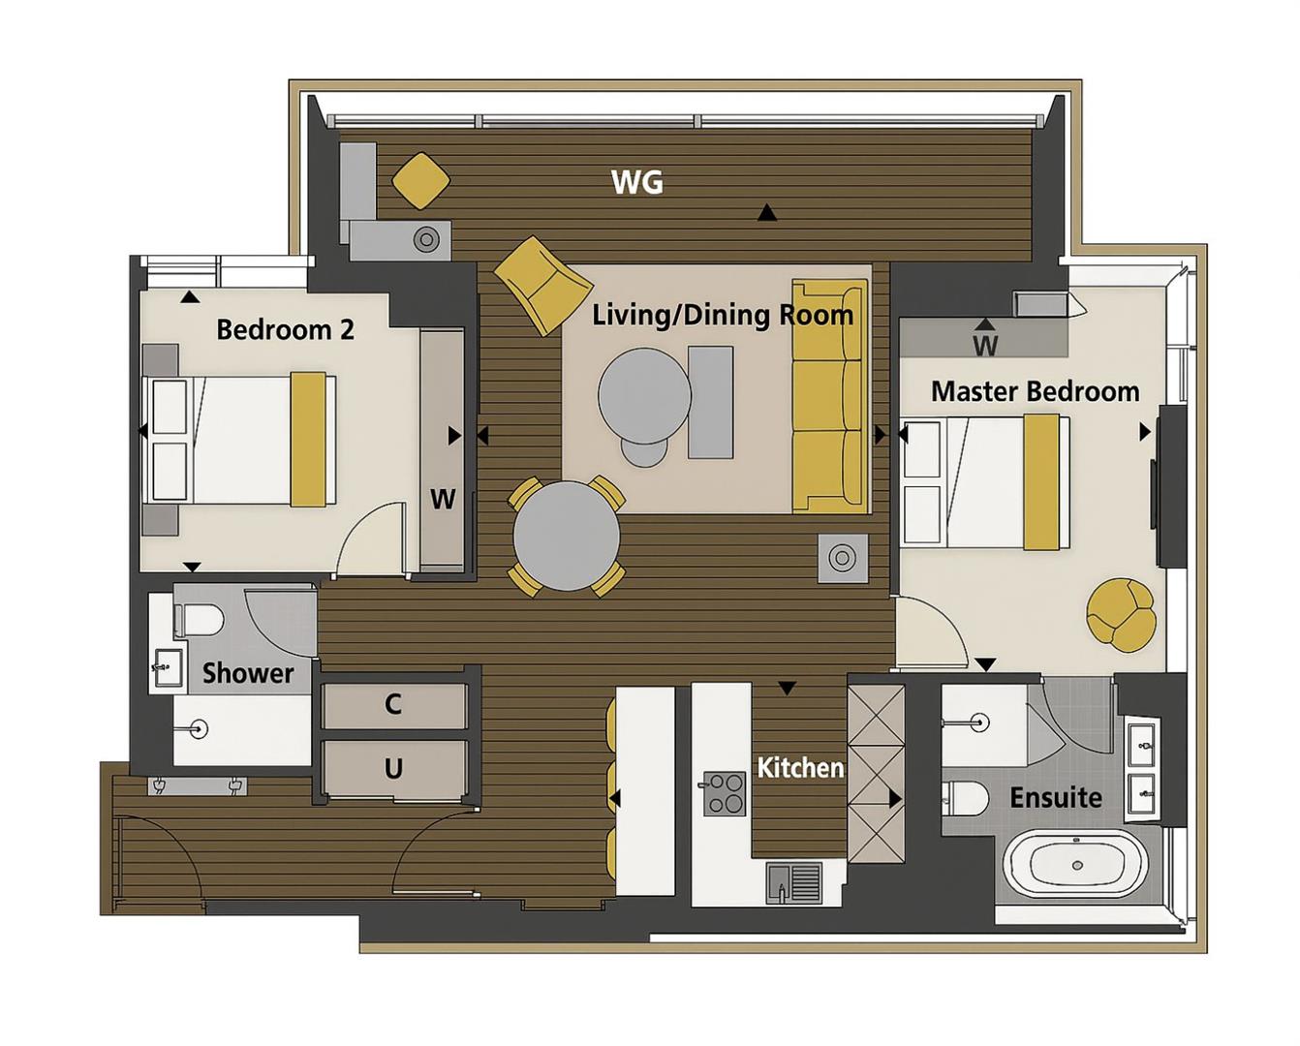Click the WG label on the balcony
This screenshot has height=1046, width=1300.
637,182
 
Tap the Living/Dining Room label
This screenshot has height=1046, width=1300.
723,315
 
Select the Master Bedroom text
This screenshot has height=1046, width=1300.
1035,391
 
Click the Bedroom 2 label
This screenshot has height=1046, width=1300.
285,329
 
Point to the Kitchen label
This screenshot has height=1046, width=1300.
799,768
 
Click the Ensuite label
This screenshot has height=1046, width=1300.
1055,797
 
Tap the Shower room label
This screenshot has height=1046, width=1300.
247,673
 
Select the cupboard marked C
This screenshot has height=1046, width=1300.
393,704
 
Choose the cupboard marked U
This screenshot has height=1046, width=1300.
393,769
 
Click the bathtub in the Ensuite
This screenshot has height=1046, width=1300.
1075,864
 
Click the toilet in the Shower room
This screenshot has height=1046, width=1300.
200,621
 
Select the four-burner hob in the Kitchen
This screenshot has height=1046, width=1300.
724,793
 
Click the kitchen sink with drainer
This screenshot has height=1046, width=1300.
793,882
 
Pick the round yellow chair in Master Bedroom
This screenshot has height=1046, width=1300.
1121,614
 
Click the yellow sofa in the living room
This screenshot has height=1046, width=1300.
828,396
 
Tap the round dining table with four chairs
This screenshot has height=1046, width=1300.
567,536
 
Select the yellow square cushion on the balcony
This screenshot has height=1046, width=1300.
420,180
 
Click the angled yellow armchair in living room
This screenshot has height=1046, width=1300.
543,283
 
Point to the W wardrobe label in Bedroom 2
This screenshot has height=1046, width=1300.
443,499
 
